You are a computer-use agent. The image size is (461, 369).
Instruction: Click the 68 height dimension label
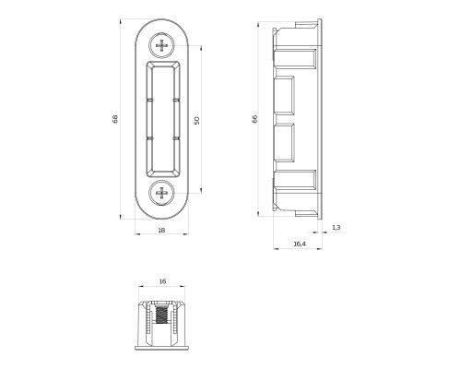pos(115,120)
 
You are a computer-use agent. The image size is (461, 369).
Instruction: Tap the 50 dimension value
pos(197,120)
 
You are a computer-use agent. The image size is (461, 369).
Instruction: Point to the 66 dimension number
pos(254,120)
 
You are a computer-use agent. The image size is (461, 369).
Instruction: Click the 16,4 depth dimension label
pos(299,244)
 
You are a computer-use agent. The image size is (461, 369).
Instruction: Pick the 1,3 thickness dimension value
pos(336,227)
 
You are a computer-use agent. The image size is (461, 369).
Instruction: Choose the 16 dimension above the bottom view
pos(162,280)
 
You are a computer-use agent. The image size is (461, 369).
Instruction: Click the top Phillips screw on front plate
pos(163,43)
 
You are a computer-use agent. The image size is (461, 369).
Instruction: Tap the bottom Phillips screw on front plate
pos(163,194)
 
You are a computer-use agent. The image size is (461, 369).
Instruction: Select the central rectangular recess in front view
pos(163,119)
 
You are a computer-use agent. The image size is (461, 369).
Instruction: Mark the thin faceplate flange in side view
pos(320,119)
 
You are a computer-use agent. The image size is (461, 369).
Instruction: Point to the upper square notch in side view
pos(284,93)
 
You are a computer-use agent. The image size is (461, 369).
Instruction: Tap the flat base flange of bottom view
pos(162,350)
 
